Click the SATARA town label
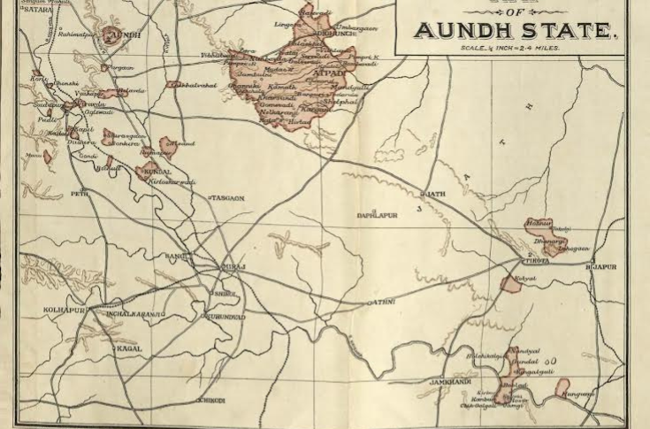click(x=33, y=11)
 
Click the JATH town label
click(x=436, y=193)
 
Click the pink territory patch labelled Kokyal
click(x=511, y=284)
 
